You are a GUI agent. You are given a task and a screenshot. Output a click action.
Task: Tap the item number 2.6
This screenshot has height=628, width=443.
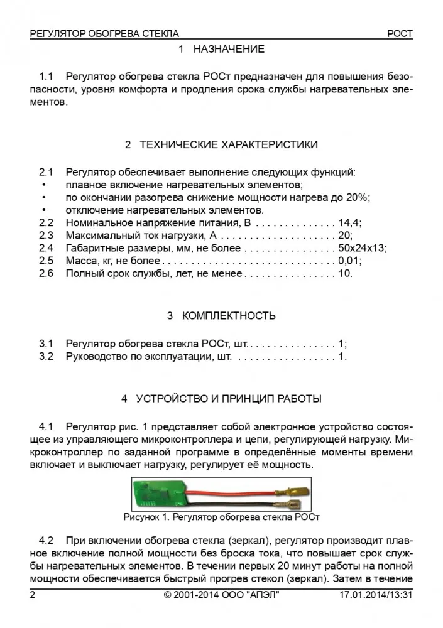(46, 274)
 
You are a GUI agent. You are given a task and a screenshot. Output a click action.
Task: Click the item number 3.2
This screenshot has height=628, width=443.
(46, 357)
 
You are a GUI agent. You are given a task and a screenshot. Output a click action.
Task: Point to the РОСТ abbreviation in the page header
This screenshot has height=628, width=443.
(400, 33)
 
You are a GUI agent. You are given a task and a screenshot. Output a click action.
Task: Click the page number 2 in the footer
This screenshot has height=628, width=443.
(33, 595)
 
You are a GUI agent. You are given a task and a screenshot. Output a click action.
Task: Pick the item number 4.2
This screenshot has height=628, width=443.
(46, 540)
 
